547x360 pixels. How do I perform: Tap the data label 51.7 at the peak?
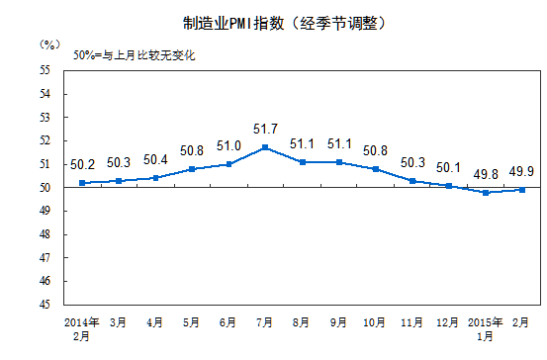coord(266,130)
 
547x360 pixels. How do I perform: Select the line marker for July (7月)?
coord(265,147)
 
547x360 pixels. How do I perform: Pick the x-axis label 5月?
coord(191,322)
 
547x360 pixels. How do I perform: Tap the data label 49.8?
coord(486,174)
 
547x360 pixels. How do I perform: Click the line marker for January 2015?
coord(486,192)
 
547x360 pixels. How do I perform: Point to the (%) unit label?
coord(50,45)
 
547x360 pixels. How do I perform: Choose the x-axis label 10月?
coord(376,322)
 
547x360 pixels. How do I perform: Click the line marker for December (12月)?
coord(449,185)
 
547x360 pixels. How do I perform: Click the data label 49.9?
coord(523,171)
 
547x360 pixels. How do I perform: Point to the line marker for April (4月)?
coord(155,178)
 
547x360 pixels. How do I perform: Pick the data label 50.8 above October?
coord(376,150)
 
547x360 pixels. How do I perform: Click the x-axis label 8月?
coord(303,322)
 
